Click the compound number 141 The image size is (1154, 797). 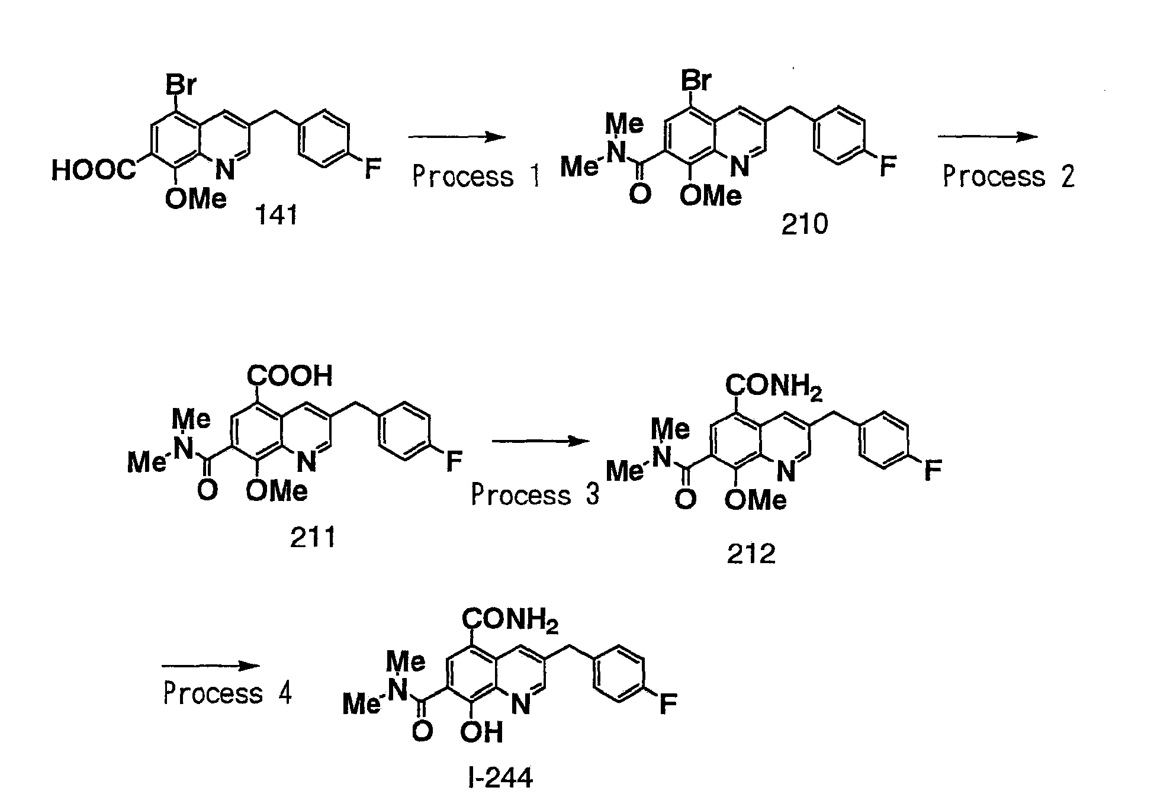276,217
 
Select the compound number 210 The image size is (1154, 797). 804,225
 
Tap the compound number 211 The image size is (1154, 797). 313,538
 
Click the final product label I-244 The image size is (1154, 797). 500,777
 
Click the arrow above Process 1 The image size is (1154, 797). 457,137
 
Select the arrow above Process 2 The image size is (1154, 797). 987,137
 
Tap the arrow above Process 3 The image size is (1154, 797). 541,441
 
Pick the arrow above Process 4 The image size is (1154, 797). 211,666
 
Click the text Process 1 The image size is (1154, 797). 477,176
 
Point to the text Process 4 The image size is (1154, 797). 227,693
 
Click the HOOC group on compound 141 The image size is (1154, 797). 94,171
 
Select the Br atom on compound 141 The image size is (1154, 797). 180,85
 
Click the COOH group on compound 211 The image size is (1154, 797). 290,376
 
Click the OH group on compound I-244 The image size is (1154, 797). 481,732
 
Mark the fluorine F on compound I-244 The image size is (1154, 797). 668,705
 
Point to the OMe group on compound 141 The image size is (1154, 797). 196,200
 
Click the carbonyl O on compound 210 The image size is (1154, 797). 639,194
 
